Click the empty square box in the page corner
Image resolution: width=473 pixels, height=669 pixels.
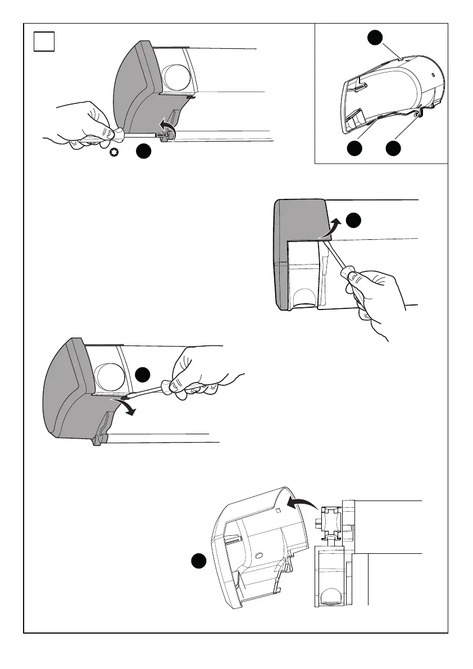44,42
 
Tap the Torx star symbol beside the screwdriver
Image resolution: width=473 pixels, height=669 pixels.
114,152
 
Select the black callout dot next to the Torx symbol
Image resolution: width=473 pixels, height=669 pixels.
144,151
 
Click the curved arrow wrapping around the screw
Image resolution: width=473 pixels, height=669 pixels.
167,127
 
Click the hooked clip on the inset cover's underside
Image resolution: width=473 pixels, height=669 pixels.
418,115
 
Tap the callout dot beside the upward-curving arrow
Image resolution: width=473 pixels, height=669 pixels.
353,221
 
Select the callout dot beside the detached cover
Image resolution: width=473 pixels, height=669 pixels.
197,561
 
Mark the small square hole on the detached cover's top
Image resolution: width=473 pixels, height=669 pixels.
278,511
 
